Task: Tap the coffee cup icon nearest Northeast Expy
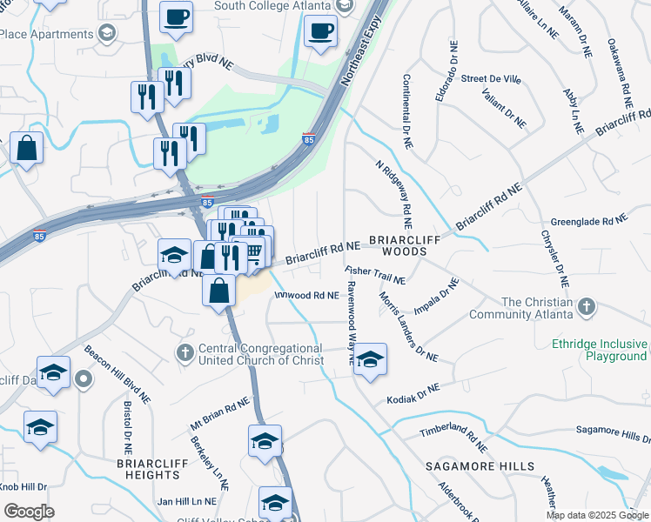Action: pyautogui.click(x=320, y=32)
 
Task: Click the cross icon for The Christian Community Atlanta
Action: pyautogui.click(x=587, y=307)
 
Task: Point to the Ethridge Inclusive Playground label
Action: pyautogui.click(x=600, y=350)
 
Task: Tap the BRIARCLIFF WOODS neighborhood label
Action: pyautogui.click(x=398, y=244)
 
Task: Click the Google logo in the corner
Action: pyautogui.click(x=29, y=511)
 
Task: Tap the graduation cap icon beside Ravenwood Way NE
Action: pyautogui.click(x=370, y=358)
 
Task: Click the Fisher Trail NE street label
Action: pyautogui.click(x=375, y=276)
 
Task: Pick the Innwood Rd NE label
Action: pyautogui.click(x=305, y=296)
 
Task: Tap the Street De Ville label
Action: pyautogui.click(x=491, y=79)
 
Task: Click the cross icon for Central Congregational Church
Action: pyautogui.click(x=184, y=352)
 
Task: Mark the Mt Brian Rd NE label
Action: pyautogui.click(x=220, y=416)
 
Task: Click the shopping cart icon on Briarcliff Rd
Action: pyautogui.click(x=254, y=252)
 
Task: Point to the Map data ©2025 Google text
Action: pyautogui.click(x=596, y=515)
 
